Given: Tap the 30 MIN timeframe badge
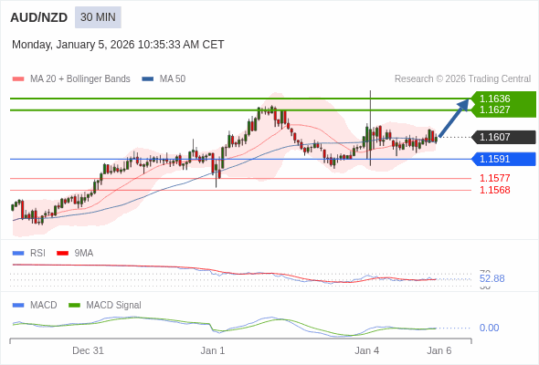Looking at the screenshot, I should click(x=98, y=17).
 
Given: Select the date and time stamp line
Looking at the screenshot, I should click(x=118, y=45).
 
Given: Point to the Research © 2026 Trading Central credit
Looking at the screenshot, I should click(x=462, y=79).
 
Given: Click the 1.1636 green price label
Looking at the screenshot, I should click(x=495, y=99).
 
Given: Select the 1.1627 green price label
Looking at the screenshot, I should click(x=495, y=109).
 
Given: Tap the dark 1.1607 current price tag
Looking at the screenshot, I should click(x=495, y=137).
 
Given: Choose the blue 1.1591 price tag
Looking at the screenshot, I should click(x=495, y=159).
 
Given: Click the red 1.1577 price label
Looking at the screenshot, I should click(x=494, y=178).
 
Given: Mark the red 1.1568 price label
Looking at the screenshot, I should click(x=494, y=190).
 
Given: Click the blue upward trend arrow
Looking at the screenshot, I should click(x=454, y=118).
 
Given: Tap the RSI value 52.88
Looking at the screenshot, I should click(x=491, y=278).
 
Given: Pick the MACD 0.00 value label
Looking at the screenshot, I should click(x=489, y=328).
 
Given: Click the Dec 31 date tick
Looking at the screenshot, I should click(x=88, y=350).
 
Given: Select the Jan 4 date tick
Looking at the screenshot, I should click(x=367, y=350).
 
